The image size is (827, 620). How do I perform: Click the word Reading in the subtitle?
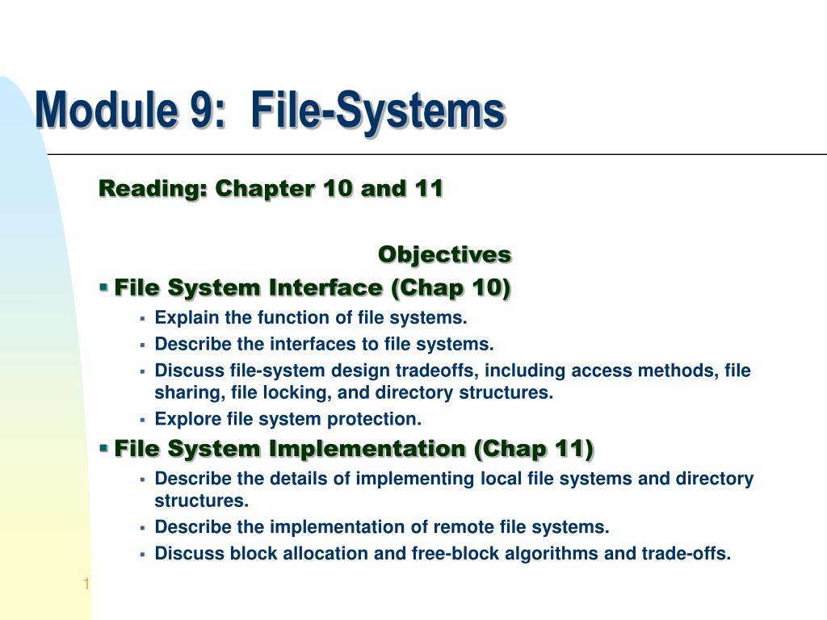point(149,189)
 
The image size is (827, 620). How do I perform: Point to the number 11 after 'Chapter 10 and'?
point(428,189)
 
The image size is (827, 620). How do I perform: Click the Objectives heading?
point(444,254)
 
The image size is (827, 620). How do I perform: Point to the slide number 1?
point(85,584)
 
